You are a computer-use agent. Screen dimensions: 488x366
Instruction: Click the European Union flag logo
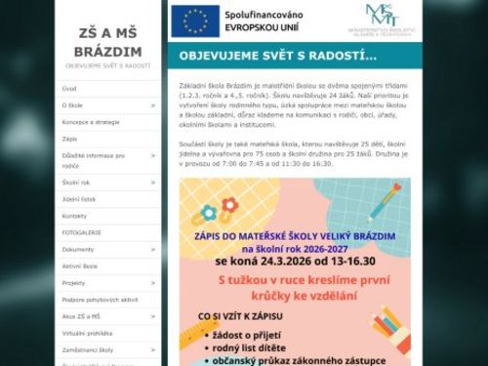click(195, 20)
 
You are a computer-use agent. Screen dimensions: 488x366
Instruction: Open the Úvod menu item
click(69, 88)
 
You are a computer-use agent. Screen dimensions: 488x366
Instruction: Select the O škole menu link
click(72, 105)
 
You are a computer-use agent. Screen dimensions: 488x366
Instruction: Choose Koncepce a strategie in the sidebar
click(91, 122)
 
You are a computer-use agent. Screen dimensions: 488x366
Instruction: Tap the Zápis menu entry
click(70, 139)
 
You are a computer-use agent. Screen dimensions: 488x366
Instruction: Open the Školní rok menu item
click(76, 182)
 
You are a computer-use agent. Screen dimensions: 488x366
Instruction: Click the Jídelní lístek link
click(80, 198)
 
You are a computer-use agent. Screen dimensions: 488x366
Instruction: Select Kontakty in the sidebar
click(74, 215)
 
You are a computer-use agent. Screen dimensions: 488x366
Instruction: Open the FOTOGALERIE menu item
click(81, 232)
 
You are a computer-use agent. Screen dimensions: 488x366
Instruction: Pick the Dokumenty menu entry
click(78, 249)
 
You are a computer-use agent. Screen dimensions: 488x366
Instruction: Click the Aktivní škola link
click(80, 265)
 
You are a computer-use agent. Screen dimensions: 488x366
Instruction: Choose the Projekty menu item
click(74, 282)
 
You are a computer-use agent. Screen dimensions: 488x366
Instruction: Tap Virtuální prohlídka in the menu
click(87, 332)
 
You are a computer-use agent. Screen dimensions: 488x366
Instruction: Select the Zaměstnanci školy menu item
click(88, 348)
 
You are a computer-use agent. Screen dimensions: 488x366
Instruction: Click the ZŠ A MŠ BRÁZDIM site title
click(108, 42)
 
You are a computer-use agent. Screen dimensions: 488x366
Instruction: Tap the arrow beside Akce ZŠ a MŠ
click(153, 316)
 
